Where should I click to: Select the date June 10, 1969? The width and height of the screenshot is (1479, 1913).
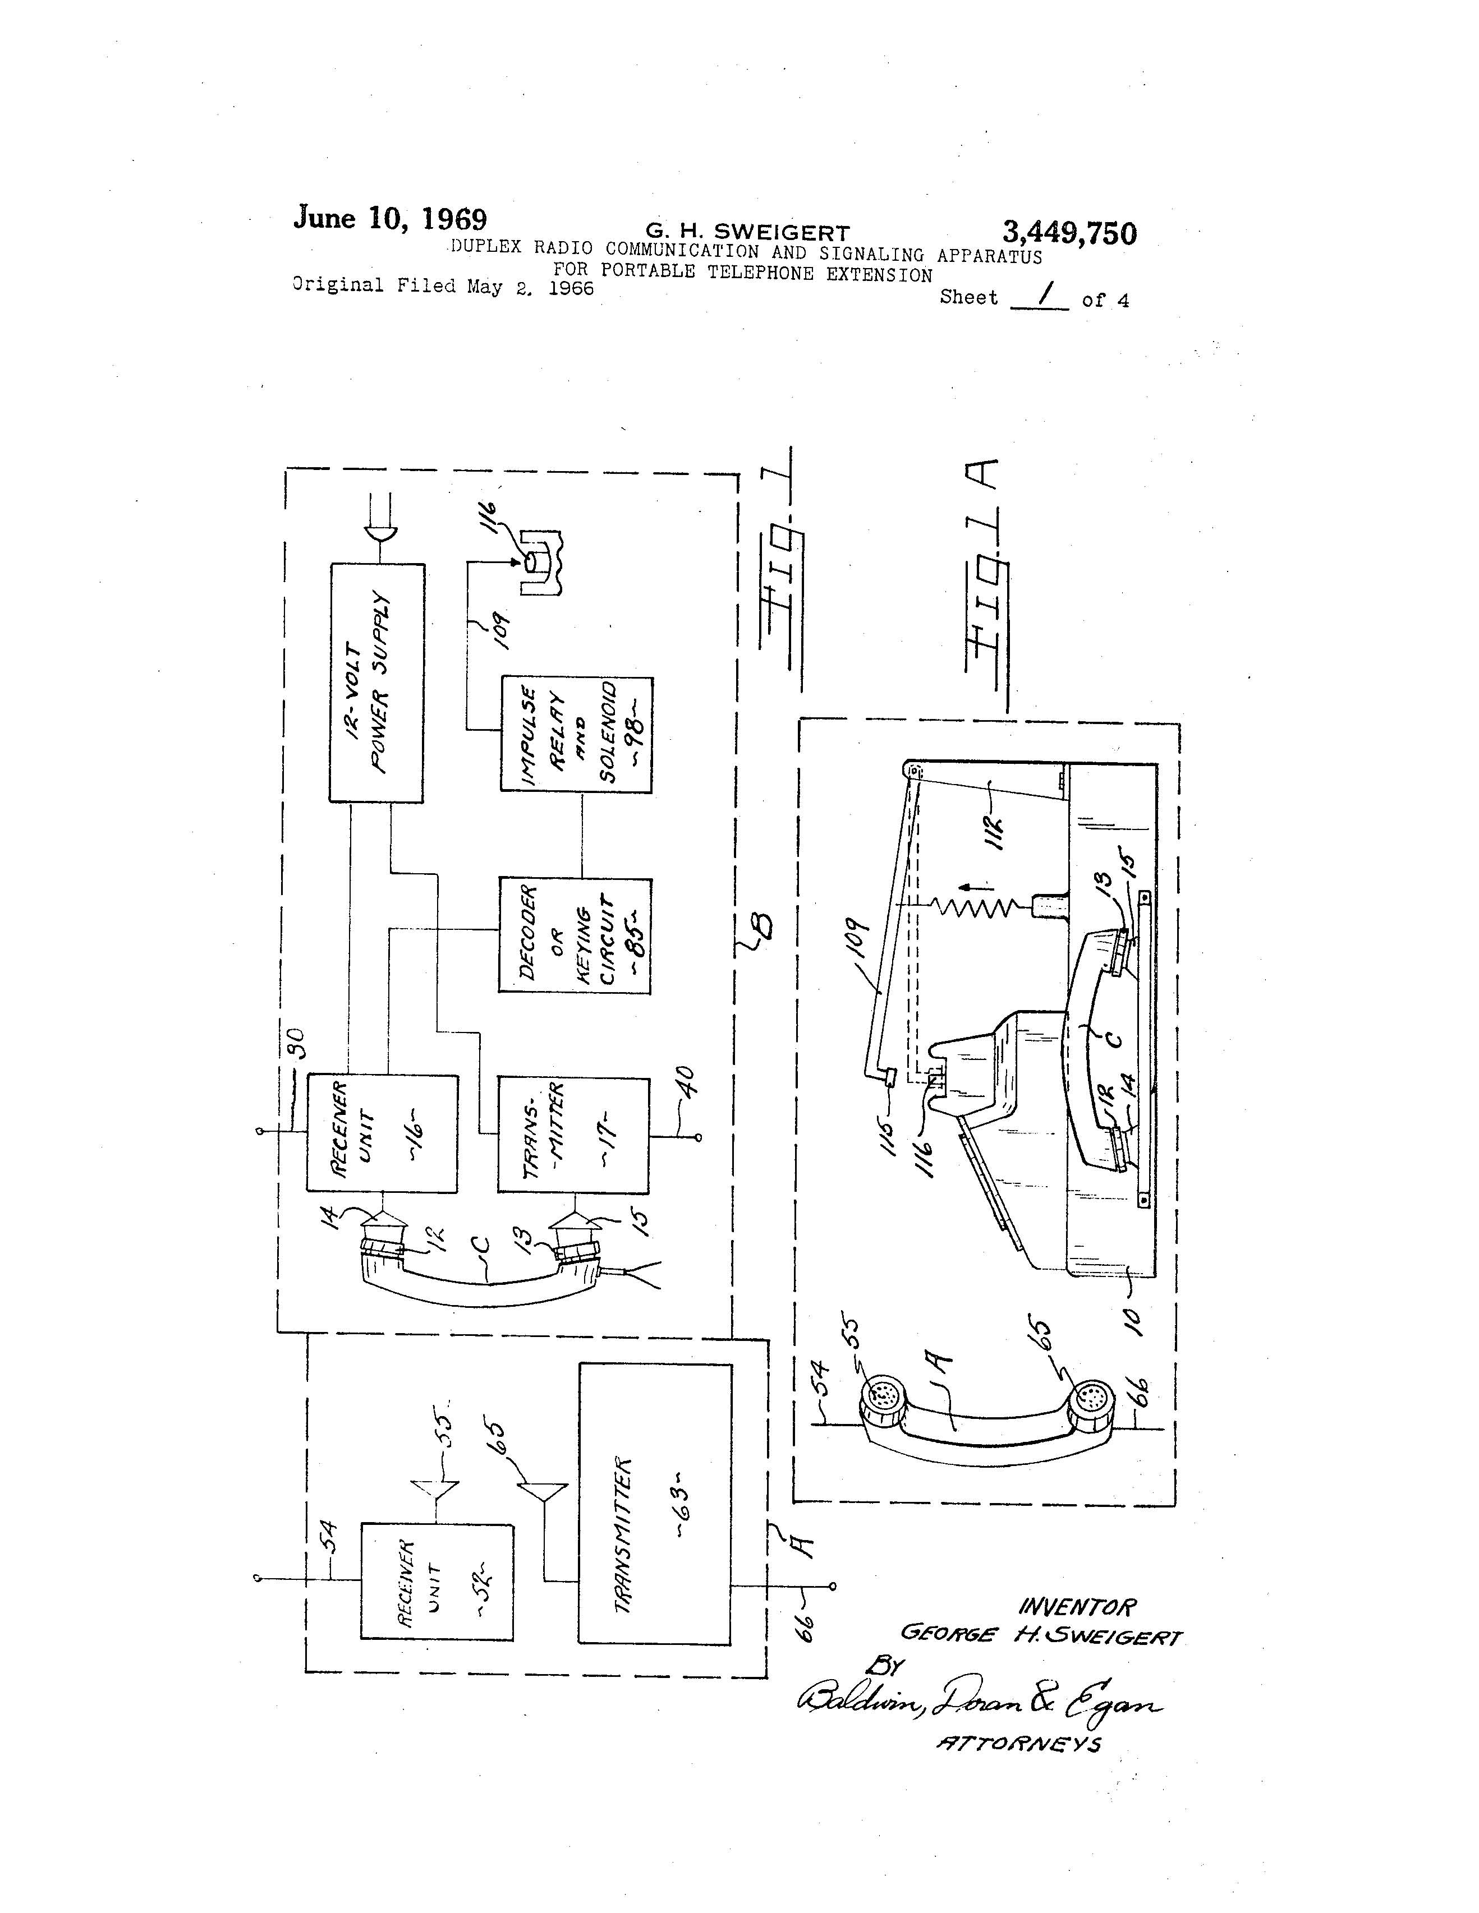tap(390, 218)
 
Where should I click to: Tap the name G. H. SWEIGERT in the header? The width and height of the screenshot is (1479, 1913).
tap(747, 232)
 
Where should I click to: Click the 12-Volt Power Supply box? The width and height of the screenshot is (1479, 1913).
tap(376, 683)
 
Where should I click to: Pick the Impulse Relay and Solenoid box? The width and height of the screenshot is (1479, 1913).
tap(576, 734)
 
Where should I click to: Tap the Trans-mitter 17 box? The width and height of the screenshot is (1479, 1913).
tap(573, 1135)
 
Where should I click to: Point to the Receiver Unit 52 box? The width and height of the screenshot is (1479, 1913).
tap(437, 1581)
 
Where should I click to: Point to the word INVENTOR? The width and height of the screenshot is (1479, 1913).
tap(1077, 1608)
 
